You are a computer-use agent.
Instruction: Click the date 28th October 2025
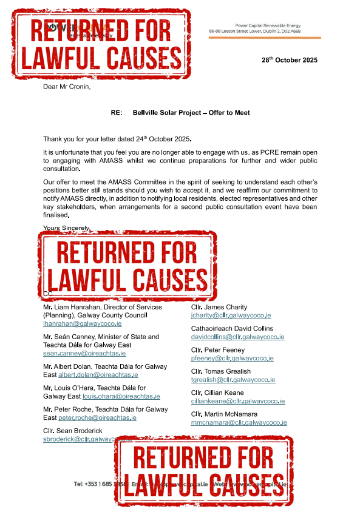tap(289, 61)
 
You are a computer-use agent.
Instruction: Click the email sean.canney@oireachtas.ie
tap(84, 353)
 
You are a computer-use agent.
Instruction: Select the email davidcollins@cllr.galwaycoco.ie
tap(237, 337)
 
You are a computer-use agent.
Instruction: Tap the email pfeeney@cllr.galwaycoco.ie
tap(232, 358)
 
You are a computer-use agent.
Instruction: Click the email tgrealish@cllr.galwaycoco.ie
tap(233, 380)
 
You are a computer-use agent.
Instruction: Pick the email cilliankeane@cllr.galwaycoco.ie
tap(238, 401)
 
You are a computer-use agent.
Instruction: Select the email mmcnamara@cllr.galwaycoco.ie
tap(239, 422)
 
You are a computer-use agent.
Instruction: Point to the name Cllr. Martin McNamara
tap(227, 414)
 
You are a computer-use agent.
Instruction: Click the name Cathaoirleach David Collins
tap(232, 328)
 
